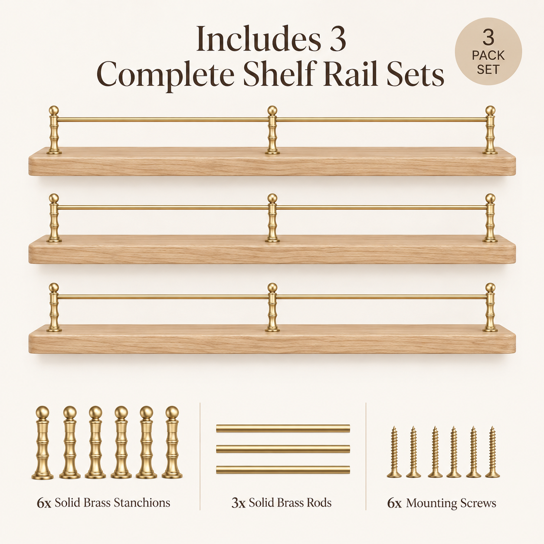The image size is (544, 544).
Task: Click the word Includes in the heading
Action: click(259, 39)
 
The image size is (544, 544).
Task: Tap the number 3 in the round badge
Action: click(488, 38)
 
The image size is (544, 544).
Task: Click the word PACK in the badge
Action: click(488, 56)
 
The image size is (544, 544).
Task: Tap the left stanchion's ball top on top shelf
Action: click(54, 110)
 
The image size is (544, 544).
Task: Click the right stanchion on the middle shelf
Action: click(490, 218)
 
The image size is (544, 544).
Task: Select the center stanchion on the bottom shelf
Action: click(272, 307)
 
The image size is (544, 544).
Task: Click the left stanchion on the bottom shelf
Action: click(54, 307)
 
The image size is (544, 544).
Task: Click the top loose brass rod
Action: click(283, 429)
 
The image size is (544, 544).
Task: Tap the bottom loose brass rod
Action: click(283, 470)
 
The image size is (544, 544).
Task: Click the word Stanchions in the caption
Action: click(142, 503)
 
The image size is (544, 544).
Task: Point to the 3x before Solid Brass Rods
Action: click(239, 503)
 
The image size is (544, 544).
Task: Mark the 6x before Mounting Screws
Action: click(394, 504)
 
